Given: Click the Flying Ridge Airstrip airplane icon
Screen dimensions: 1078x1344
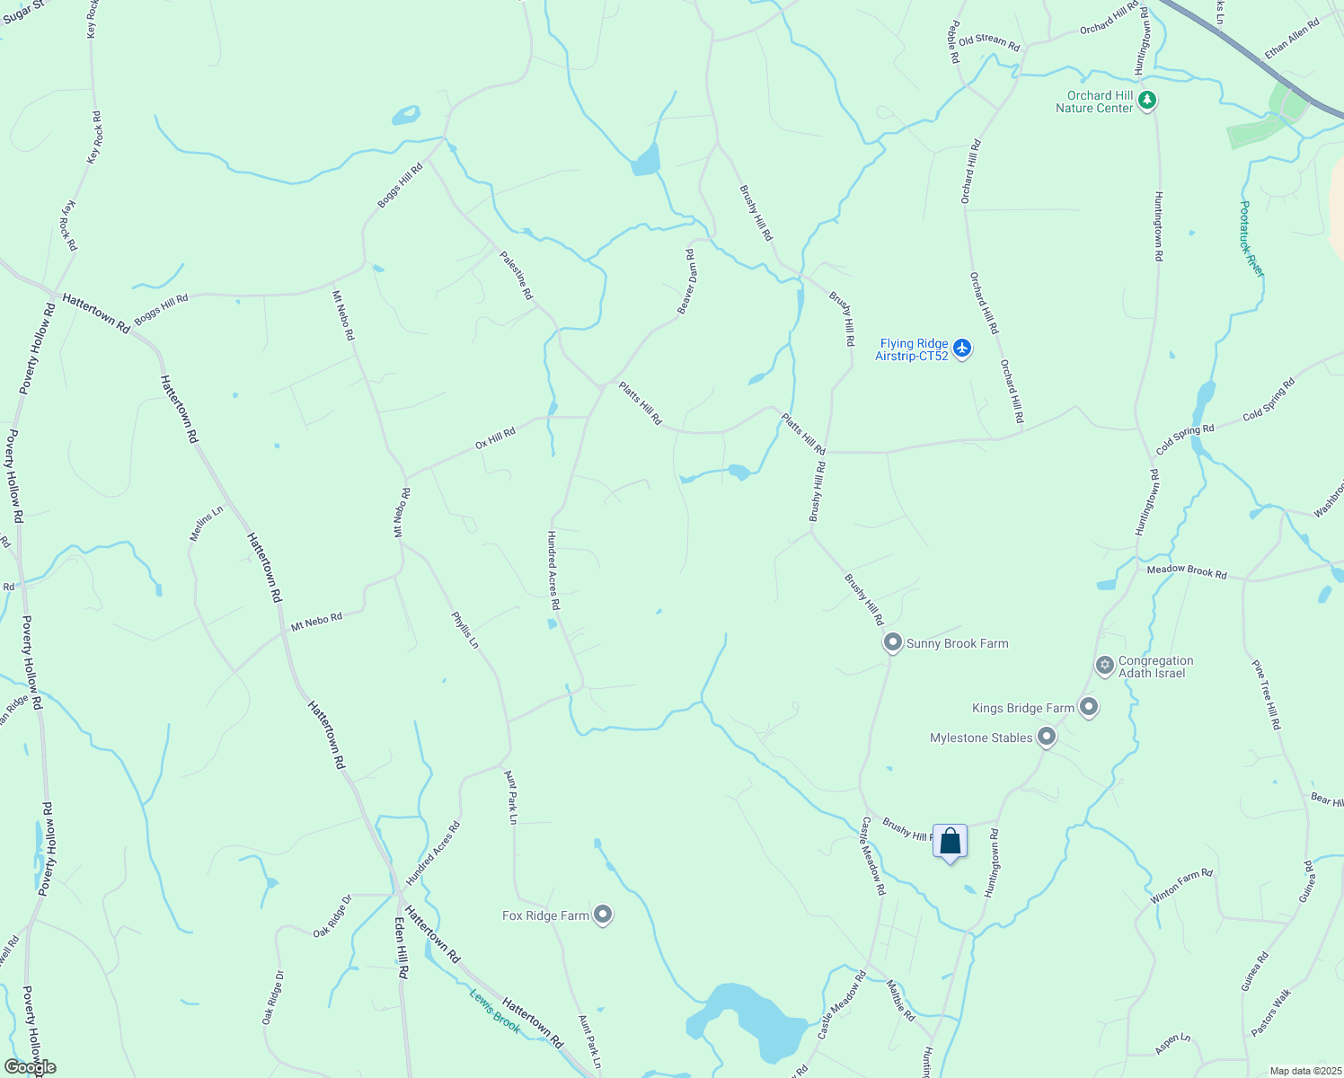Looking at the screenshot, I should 962,348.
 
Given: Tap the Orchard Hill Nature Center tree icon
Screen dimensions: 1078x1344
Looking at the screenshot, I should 1146,101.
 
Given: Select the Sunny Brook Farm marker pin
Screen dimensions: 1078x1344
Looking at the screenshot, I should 892,642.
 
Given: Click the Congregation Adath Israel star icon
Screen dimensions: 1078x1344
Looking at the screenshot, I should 1104,666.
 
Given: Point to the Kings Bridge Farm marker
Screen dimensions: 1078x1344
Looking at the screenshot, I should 1089,707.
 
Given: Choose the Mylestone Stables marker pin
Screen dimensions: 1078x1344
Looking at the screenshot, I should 1046,738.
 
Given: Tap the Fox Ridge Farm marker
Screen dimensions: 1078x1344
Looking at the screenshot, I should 603,915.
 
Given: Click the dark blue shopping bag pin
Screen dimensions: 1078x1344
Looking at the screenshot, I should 950,843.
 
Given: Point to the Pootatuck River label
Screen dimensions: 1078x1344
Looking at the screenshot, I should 1251,238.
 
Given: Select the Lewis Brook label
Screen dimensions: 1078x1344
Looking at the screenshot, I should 494,1011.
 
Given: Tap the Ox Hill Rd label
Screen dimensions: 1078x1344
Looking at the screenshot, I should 495,438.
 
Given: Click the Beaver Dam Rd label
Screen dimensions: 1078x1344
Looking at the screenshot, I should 686,282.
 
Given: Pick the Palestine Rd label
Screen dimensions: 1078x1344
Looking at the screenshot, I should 517,275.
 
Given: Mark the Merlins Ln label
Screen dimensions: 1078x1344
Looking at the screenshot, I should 206,524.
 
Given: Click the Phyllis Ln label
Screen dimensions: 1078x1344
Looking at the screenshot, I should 465,630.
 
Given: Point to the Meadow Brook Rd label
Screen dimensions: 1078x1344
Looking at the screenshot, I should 1186,570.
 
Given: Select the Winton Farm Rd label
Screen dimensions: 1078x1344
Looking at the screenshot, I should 1181,886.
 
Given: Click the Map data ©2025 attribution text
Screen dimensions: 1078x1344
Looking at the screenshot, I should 1304,1071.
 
